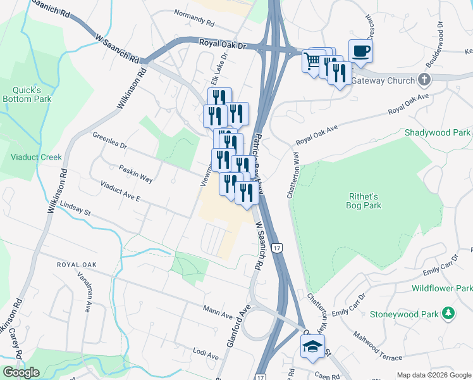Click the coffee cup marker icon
point(360,51)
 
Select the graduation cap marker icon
point(312,346)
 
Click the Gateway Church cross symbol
point(424,80)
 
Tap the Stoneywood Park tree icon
point(448,313)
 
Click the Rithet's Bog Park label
point(364,200)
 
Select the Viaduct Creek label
point(35,157)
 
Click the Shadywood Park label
point(438,132)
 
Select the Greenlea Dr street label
point(109,141)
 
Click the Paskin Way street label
point(135,174)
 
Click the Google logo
point(21,372)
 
